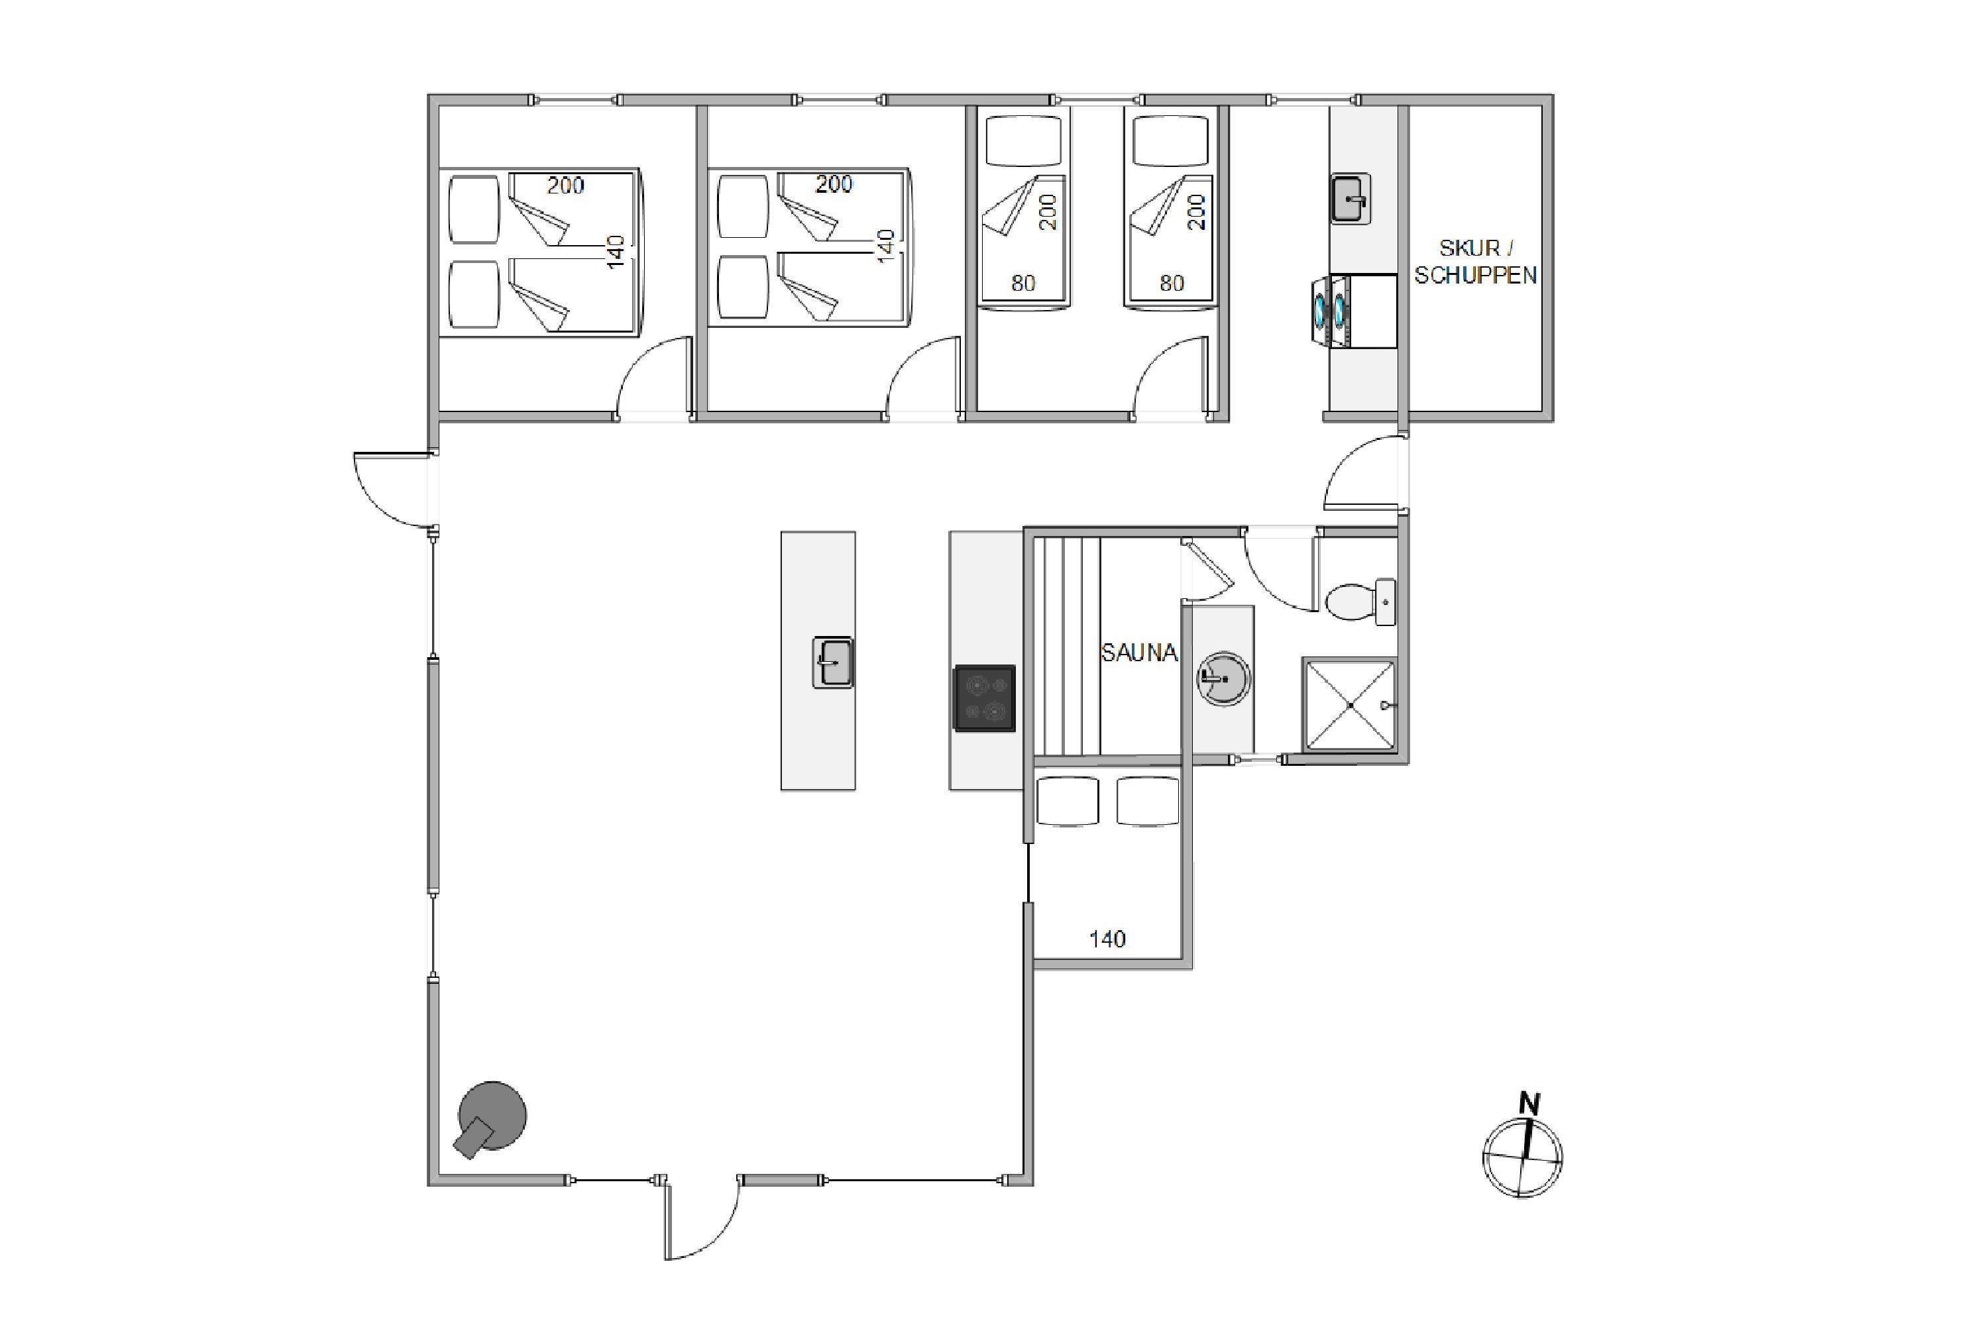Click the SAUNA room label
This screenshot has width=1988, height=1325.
click(1138, 653)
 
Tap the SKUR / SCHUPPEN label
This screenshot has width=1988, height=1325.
click(1476, 261)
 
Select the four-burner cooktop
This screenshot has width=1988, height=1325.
click(985, 698)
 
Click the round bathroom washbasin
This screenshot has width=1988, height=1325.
click(1224, 678)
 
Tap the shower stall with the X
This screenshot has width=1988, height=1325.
click(1350, 704)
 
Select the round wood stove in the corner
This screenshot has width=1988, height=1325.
click(490, 1117)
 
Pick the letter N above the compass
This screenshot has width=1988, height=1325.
click(1529, 1104)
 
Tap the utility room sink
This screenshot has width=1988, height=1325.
click(1351, 199)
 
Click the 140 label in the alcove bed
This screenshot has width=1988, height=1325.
click(1107, 939)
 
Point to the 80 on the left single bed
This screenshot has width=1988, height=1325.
click(1024, 283)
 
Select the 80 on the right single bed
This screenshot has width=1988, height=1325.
click(1172, 283)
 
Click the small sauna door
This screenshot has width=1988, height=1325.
click(1209, 564)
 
